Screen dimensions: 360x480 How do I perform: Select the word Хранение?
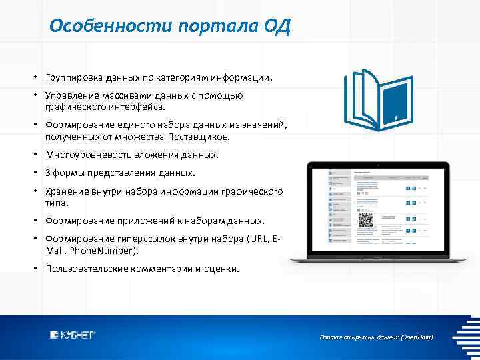[65, 191]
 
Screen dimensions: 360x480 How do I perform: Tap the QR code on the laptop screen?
[367, 220]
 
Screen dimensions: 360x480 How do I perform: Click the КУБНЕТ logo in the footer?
[73, 335]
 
